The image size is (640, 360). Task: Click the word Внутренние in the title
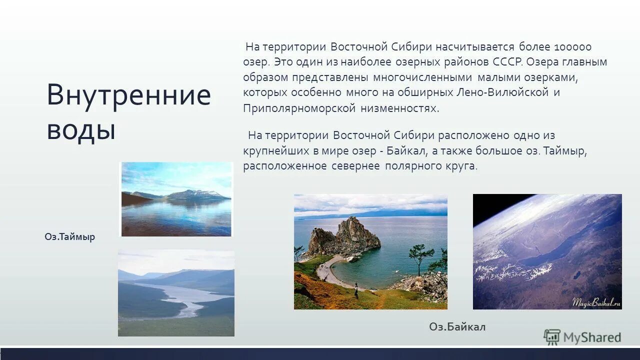[128, 95]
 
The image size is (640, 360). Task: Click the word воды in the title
[81, 130]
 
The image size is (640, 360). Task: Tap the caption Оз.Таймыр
[69, 237]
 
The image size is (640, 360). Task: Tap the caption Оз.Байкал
[457, 327]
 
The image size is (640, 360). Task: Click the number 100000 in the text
[572, 47]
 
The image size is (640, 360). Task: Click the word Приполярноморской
[299, 108]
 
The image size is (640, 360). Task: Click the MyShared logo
[582, 337]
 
